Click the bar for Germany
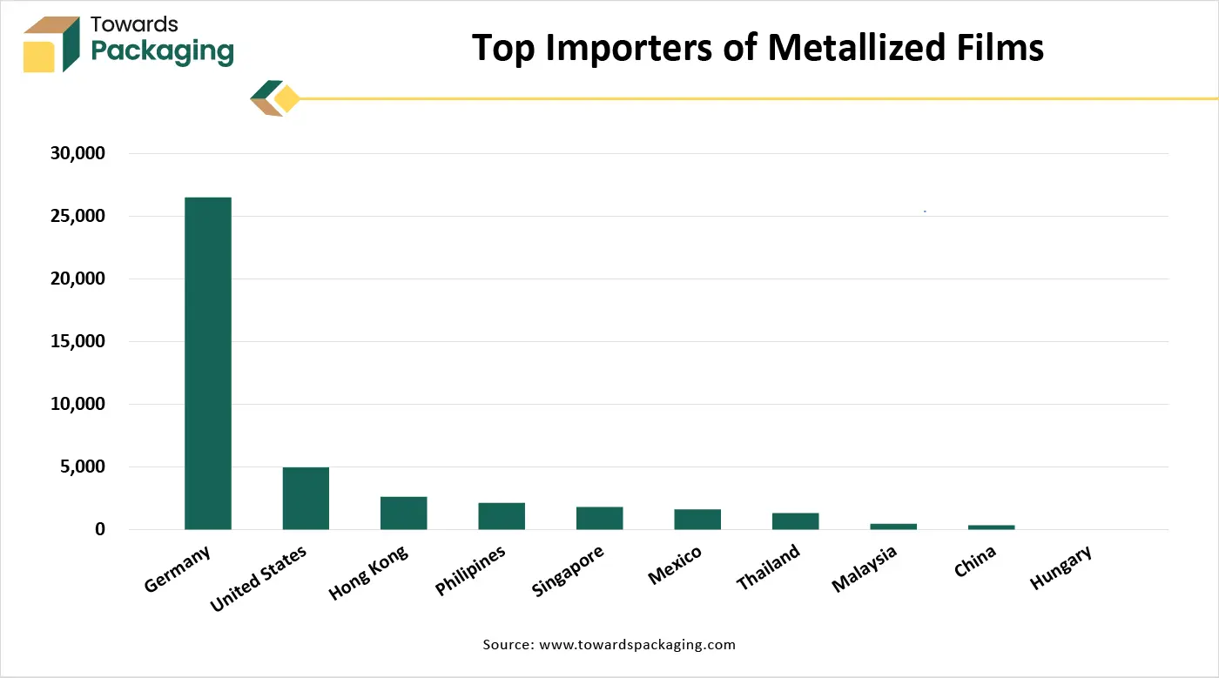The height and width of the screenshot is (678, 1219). [x=208, y=363]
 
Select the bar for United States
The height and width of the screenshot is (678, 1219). [x=306, y=498]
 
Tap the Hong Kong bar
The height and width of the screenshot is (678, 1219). [x=403, y=513]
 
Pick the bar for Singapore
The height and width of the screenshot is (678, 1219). [x=599, y=518]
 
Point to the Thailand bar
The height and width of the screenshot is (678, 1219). [x=795, y=520]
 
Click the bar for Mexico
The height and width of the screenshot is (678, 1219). [x=697, y=519]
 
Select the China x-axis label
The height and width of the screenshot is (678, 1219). [x=974, y=562]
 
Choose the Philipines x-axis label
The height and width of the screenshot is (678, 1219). [x=470, y=571]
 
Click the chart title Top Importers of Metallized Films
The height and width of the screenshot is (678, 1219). [x=757, y=48]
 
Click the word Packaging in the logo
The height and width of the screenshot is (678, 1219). [x=162, y=51]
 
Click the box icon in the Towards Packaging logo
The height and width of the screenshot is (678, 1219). [x=51, y=44]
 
